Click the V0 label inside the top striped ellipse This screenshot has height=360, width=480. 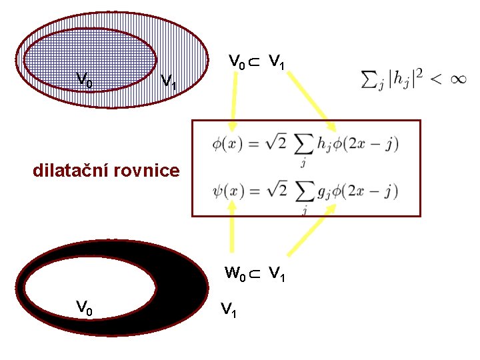(84, 80)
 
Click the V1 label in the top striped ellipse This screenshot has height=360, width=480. (169, 83)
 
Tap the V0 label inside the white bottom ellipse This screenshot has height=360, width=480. (84, 307)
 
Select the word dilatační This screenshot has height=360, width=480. (71, 171)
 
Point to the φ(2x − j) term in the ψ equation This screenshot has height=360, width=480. (367, 192)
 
